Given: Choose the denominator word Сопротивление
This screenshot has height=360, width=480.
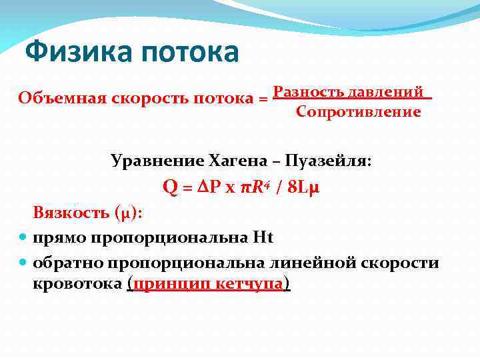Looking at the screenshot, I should (358, 111).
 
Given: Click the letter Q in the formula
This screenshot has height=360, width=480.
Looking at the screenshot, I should (170, 188).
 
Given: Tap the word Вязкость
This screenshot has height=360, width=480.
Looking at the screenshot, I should (69, 214).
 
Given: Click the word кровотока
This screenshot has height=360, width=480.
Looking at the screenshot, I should (77, 284).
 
